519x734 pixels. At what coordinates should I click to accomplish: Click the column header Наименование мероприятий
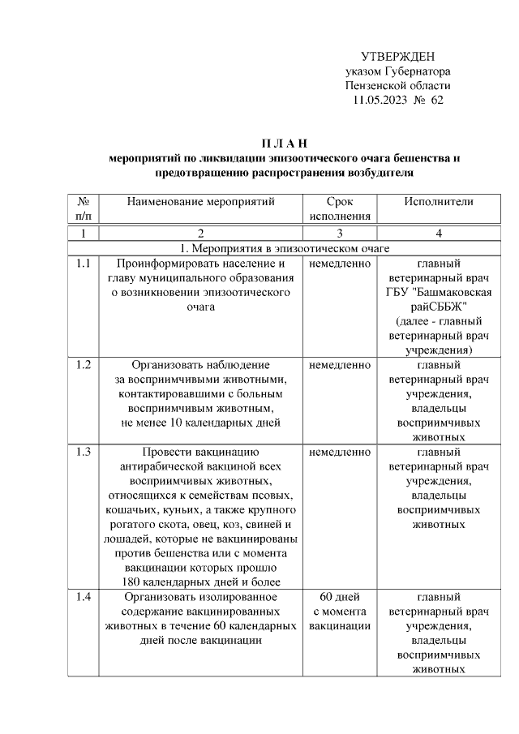pos(201,201)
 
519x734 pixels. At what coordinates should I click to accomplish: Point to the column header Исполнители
pos(439,201)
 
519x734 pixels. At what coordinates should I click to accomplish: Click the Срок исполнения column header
pos(340,208)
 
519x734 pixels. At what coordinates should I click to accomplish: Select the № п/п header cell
pos(83,208)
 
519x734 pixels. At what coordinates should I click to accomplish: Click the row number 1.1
pos(83,264)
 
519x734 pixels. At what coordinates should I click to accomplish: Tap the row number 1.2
pos(83,365)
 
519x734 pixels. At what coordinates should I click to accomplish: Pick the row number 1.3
pos(83,452)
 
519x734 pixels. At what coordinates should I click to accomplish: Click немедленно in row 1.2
pos(340,365)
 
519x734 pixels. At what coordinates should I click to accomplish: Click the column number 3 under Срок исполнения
pos(340,234)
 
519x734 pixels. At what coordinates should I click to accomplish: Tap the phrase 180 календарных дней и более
pos(201,582)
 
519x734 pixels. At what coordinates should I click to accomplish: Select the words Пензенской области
pos(397,85)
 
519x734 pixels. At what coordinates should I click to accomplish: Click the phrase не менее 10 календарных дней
pos(201,423)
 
